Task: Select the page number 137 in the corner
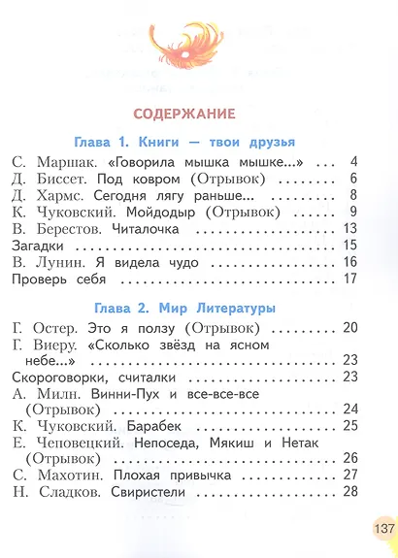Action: [x=380, y=531]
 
